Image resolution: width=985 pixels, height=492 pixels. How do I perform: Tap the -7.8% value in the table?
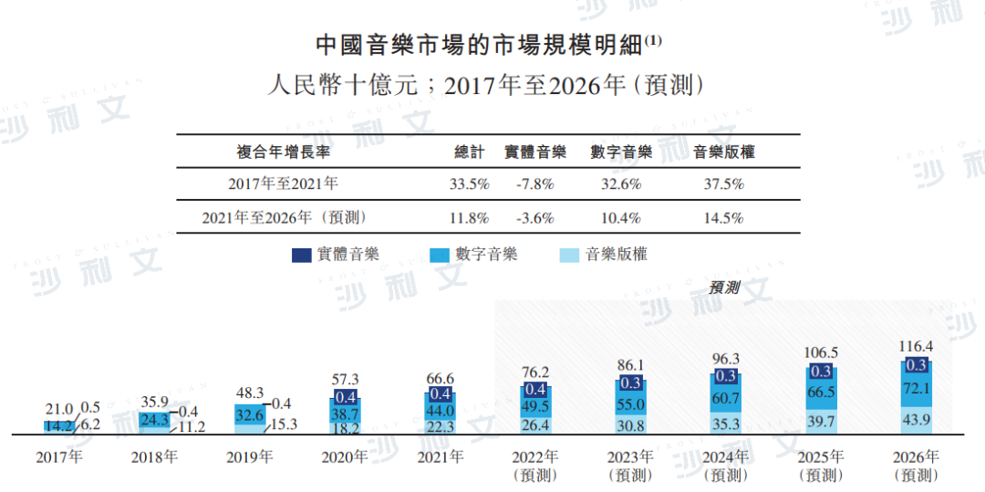[x=534, y=183]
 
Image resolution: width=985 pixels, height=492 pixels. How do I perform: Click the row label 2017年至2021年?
[x=283, y=183]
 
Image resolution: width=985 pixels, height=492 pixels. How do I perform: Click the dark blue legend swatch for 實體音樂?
[x=302, y=255]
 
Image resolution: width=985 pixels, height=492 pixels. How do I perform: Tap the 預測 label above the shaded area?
[x=724, y=288]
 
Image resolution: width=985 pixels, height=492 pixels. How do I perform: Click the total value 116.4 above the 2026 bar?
[x=918, y=347]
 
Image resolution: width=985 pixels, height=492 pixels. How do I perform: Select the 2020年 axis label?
[x=345, y=456]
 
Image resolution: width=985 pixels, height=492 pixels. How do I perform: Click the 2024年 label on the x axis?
[x=727, y=456]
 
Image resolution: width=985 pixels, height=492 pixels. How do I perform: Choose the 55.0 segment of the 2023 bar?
[x=630, y=403]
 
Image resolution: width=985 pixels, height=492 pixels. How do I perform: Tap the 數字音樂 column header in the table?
[x=620, y=152]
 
